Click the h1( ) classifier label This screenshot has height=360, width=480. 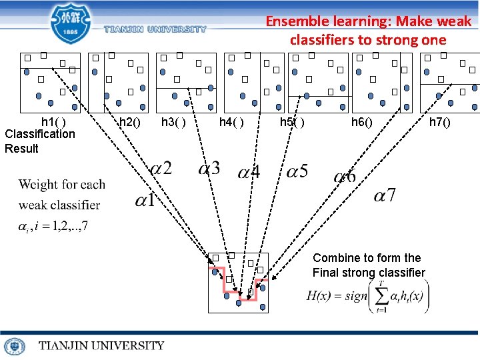tap(53, 122)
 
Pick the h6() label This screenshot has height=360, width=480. tap(362, 122)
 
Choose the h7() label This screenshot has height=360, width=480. tap(439, 122)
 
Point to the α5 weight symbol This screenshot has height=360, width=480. tap(297, 172)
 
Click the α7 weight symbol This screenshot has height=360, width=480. tap(385, 195)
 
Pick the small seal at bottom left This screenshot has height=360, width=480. tap(14, 346)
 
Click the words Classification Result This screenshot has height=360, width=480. tap(39, 141)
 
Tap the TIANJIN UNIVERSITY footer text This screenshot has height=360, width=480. tap(101, 345)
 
